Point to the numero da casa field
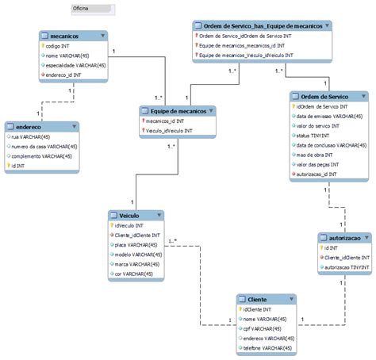pyautogui.click(x=44, y=147)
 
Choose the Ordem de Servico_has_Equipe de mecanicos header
pyautogui.click(x=259, y=26)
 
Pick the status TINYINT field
pyautogui.click(x=315, y=135)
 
